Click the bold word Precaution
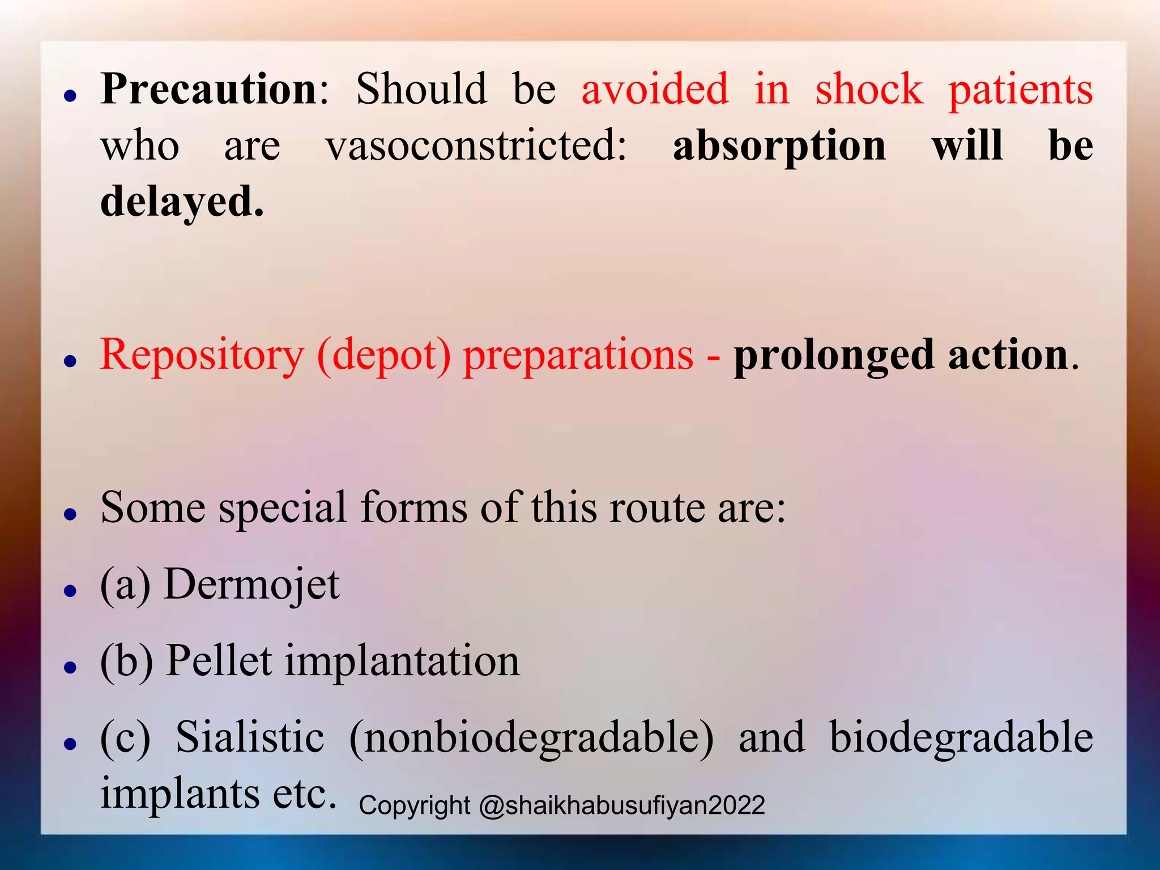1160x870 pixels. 209,89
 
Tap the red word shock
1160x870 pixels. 869,89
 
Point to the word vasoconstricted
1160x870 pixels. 476,146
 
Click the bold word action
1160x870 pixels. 1008,355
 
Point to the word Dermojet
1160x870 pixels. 251,585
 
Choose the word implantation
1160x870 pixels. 402,662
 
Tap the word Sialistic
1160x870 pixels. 250,737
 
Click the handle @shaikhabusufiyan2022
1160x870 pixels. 622,805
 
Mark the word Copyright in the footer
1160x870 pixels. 414,805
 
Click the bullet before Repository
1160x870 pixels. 70,361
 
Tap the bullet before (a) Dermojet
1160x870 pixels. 70,591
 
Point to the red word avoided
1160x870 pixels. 655,89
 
